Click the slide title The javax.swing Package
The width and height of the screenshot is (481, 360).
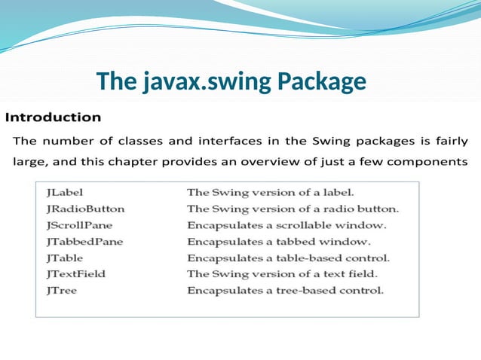[x=231, y=81]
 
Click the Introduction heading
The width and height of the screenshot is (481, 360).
[x=53, y=117]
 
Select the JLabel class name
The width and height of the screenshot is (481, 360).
[x=64, y=192]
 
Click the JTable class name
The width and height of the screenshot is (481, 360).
[x=63, y=258]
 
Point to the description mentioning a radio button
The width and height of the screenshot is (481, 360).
[x=293, y=209]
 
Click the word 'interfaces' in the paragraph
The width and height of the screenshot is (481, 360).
[x=227, y=141]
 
